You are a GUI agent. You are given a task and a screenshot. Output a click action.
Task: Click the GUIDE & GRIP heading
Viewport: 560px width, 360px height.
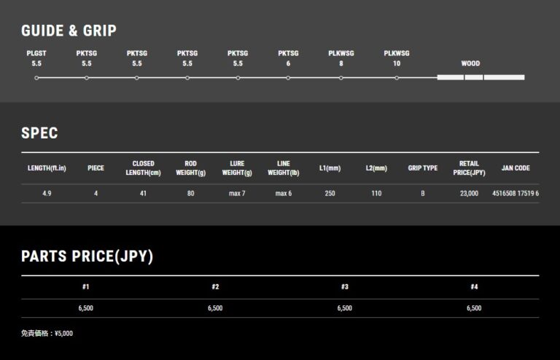point(69,31)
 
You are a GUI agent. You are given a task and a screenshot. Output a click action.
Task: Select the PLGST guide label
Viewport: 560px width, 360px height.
point(36,53)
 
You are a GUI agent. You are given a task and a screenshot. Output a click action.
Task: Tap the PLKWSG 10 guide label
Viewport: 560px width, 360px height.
point(397,58)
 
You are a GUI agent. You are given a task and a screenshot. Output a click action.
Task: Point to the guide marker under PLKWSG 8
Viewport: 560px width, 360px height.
point(341,78)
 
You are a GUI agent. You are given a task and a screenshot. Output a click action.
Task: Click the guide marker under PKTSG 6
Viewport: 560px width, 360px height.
point(288,78)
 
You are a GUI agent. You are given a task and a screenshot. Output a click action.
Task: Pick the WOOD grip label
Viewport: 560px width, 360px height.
point(470,63)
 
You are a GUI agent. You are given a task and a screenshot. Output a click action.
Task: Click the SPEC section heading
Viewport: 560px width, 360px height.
point(39,133)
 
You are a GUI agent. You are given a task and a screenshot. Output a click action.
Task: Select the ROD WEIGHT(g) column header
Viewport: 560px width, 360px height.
point(191,168)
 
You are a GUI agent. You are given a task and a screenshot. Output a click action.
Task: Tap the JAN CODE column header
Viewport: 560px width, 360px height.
point(516,168)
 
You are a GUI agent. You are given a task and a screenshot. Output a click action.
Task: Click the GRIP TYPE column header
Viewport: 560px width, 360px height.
point(422,168)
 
